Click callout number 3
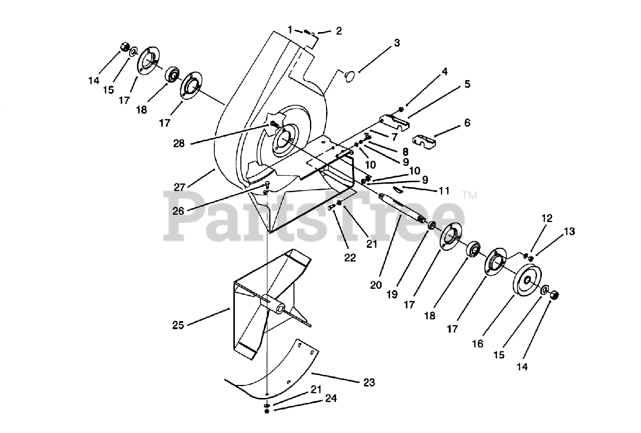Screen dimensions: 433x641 tap(397, 43)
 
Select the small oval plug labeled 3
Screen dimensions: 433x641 tap(350, 75)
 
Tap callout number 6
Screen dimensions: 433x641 tap(467, 123)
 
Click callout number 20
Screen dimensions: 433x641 tap(376, 285)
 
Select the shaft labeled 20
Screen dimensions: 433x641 tap(401, 208)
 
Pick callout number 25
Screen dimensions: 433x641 tap(178, 325)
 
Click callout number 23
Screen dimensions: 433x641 tap(369, 383)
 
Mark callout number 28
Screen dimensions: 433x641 tap(179, 143)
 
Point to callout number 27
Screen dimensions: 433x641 tap(179, 187)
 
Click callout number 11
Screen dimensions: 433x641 tap(444, 191)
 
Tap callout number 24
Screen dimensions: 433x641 tap(331, 399)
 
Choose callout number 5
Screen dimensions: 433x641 tap(467, 84)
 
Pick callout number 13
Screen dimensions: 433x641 tap(569, 232)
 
